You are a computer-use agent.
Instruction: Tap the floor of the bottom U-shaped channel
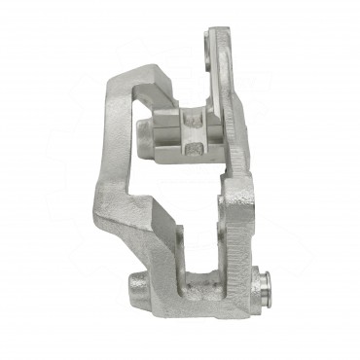click(198, 293)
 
